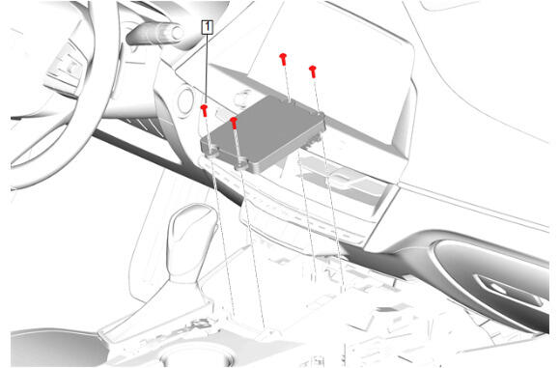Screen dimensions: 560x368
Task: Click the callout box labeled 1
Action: (208, 27)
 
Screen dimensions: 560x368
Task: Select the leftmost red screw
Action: (205, 110)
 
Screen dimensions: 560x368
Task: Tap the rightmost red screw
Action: (313, 71)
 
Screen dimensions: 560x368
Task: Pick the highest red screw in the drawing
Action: (283, 59)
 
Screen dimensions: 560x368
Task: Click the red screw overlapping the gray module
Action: (234, 123)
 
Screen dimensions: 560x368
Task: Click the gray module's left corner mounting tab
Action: (211, 151)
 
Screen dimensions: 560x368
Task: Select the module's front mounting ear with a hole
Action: (241, 165)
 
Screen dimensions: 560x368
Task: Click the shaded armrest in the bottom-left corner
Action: (57, 348)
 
